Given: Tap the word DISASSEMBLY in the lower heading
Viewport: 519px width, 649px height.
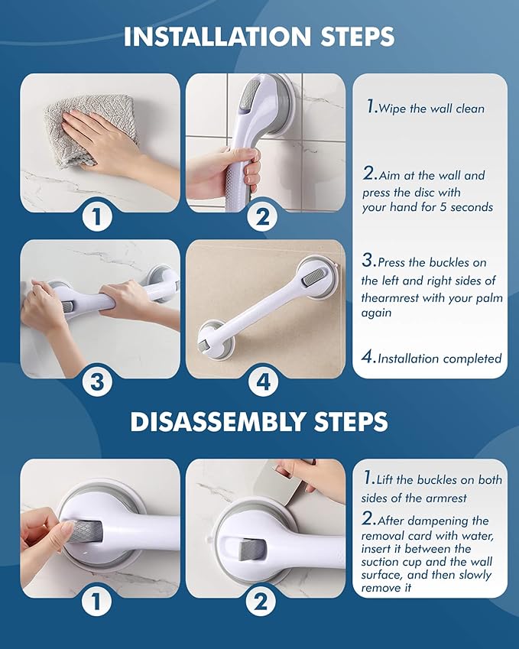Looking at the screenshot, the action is point(218,422).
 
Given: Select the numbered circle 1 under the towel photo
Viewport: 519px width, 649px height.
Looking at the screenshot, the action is point(97,216).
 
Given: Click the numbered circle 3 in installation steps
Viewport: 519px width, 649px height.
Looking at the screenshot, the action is point(97,381).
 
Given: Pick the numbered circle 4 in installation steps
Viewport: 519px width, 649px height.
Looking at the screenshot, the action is point(263,381).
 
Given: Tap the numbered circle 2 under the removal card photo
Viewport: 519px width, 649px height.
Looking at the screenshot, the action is point(261,601).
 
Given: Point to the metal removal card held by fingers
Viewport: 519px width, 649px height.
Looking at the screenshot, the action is point(289,484).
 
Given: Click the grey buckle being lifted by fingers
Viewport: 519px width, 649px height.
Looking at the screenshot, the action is point(82,532).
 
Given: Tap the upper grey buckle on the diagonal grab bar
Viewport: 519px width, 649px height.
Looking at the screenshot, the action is point(314,277).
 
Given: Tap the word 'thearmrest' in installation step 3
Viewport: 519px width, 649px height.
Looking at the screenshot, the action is point(391,298).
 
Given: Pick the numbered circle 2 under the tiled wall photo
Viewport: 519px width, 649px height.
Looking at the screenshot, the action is point(263,216).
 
